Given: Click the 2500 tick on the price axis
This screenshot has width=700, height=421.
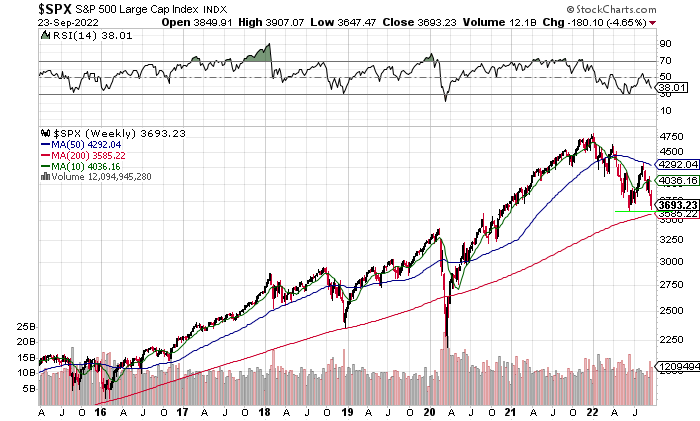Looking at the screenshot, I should pyautogui.click(x=670, y=310).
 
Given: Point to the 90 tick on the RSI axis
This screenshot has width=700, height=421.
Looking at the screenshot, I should pyautogui.click(x=663, y=43).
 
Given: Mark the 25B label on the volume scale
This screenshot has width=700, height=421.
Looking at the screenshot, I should pyautogui.click(x=27, y=327).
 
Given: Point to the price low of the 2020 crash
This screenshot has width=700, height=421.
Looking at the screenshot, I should pyautogui.click(x=446, y=345).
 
